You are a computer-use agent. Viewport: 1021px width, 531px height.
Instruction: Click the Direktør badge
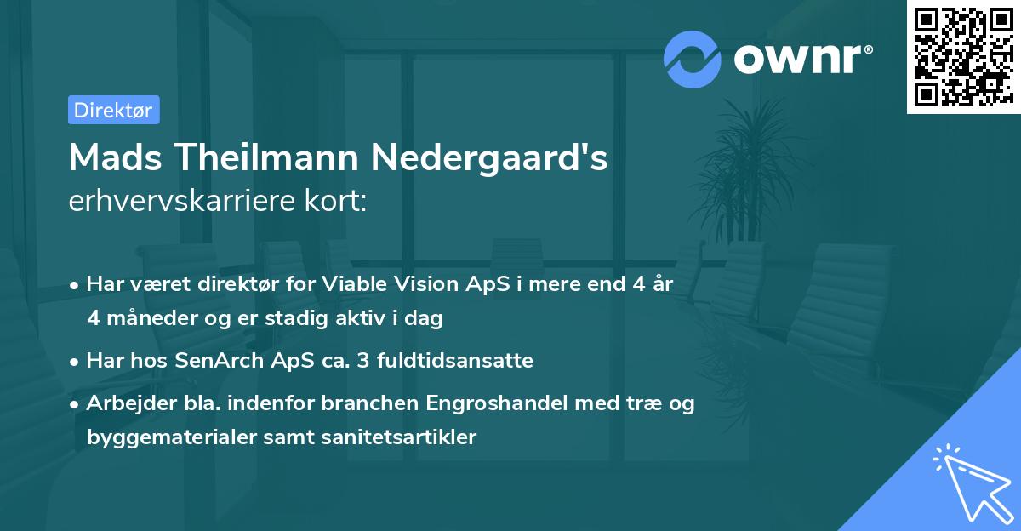coord(114,111)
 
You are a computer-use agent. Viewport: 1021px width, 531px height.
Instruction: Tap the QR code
coord(962,56)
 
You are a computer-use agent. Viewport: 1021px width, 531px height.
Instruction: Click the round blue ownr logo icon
coord(693,59)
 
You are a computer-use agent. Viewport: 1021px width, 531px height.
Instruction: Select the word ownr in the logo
coord(803,58)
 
